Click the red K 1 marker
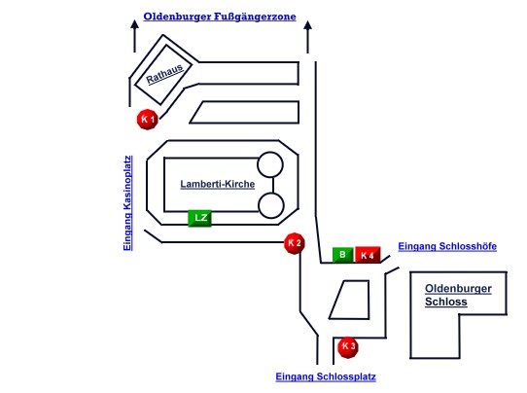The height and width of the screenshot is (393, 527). click(148, 120)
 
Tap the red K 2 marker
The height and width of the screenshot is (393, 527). click(295, 243)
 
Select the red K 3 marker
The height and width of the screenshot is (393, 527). click(348, 347)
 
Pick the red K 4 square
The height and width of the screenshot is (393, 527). click(368, 255)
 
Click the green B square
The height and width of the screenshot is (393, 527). click(343, 255)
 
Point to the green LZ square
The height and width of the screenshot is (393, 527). click(199, 218)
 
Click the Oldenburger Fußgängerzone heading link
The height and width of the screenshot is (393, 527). click(220, 17)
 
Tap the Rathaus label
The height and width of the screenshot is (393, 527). click(164, 74)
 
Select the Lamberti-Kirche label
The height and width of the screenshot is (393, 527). click(218, 184)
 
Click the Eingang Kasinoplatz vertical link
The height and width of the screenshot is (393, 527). click(127, 203)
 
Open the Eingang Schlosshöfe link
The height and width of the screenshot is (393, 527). click(447, 246)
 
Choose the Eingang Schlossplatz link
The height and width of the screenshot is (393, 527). click(326, 376)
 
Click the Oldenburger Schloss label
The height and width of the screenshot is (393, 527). click(458, 295)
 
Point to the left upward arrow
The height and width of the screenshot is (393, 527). click(135, 36)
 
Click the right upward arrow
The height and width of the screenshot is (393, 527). click(307, 37)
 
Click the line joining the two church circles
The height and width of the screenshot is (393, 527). click(273, 185)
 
